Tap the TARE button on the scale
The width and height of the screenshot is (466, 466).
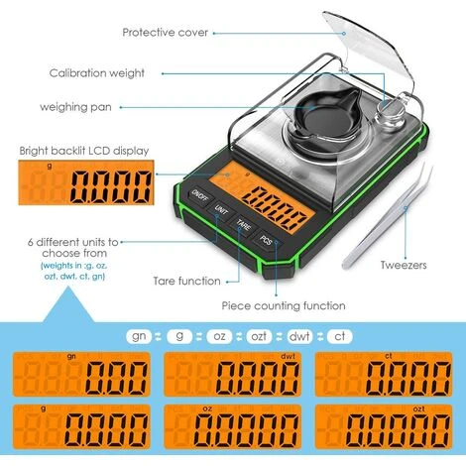(243, 225)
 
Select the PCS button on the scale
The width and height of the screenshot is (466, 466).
(267, 240)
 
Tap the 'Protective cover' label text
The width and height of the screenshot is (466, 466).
(166, 33)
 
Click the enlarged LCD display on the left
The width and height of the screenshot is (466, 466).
(85, 184)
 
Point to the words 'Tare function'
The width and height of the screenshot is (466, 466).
(187, 282)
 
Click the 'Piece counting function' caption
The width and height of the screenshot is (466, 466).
(284, 306)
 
